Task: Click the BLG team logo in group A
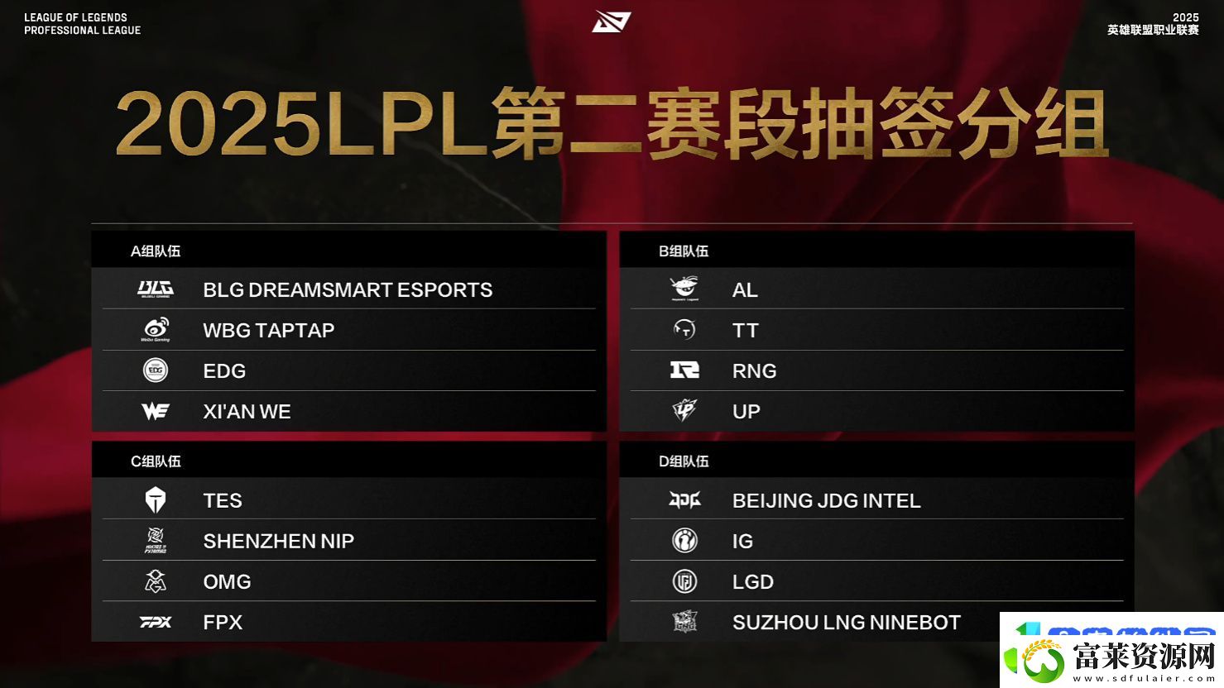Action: coord(156,289)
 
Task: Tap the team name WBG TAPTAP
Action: coord(268,330)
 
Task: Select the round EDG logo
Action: coord(156,370)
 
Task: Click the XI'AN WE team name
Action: coord(247,411)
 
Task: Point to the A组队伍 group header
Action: coord(156,251)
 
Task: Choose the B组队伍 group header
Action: coord(684,251)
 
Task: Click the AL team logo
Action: coord(684,289)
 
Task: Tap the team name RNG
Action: coord(754,370)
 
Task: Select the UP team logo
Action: coord(684,411)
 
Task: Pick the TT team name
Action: coord(746,330)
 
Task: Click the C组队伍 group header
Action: coord(156,461)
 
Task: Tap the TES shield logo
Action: coord(156,499)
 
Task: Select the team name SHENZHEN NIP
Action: coord(279,541)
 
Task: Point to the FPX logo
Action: coord(156,622)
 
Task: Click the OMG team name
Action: coord(227,581)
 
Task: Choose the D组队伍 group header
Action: coord(684,461)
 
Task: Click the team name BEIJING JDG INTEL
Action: coord(826,501)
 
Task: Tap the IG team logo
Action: coord(684,541)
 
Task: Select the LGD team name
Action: coord(753,581)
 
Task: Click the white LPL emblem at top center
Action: coord(612,21)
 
